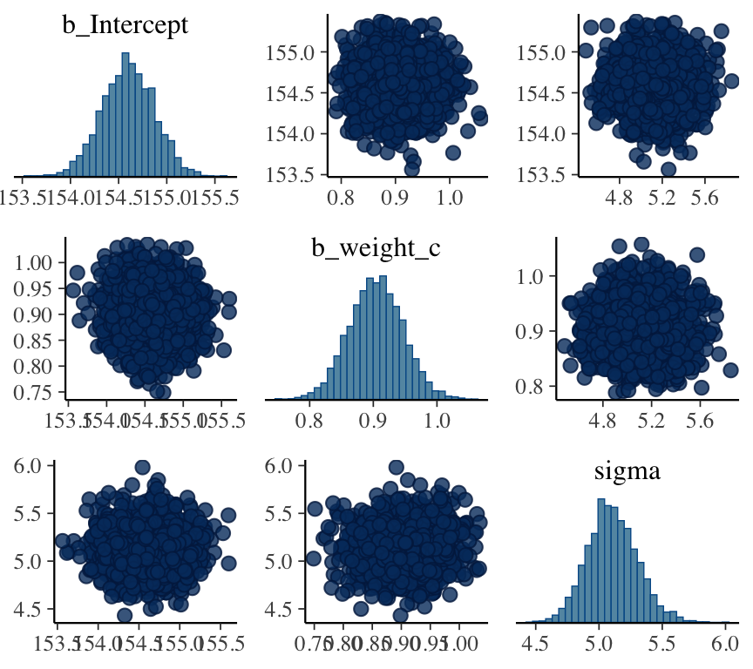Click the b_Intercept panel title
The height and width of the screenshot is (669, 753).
click(125, 25)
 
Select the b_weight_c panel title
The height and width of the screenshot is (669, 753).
click(376, 248)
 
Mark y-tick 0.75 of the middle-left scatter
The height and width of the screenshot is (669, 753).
click(33, 392)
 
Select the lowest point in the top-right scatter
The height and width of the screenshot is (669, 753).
click(668, 170)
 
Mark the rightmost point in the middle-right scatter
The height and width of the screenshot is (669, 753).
click(730, 370)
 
